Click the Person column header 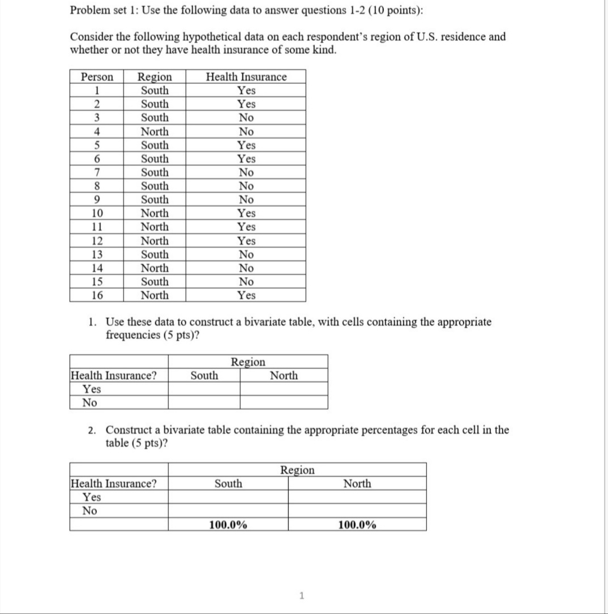click(97, 77)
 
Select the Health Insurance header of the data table click(246, 77)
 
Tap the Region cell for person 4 click(155, 131)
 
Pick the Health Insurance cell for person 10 click(246, 213)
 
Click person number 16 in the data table click(97, 295)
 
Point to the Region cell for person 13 click(155, 254)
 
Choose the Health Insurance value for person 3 click(246, 118)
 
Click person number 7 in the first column click(97, 172)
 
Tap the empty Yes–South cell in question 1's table click(204, 389)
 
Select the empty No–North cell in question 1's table click(284, 402)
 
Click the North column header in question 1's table click(284, 375)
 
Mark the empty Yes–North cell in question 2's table click(357, 497)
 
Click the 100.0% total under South click(228, 525)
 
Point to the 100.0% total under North click(357, 525)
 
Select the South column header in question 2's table click(228, 483)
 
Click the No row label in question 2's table click(89, 510)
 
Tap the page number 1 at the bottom click(302, 595)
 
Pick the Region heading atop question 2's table click(297, 470)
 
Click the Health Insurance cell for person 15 click(246, 281)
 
